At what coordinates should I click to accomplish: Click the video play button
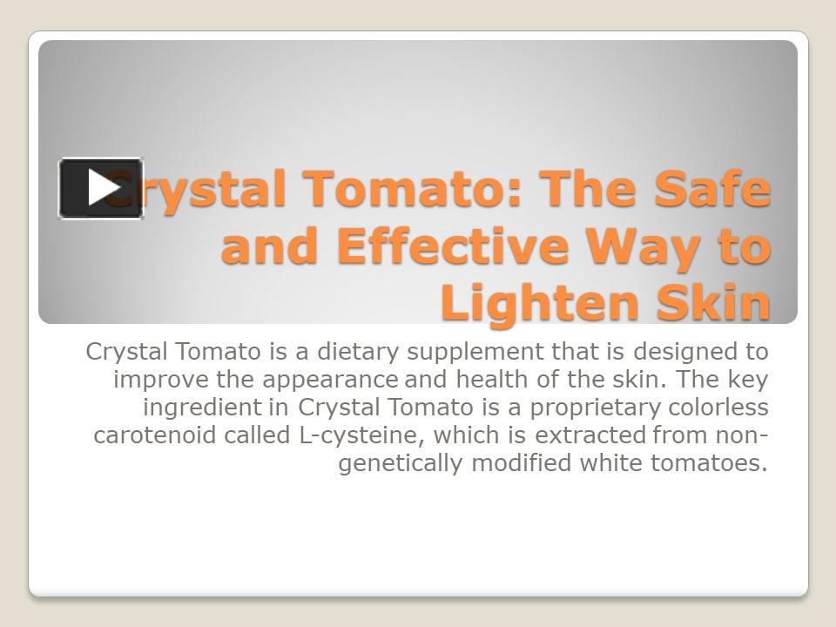(101, 188)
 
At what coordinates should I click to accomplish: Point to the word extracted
(590, 435)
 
